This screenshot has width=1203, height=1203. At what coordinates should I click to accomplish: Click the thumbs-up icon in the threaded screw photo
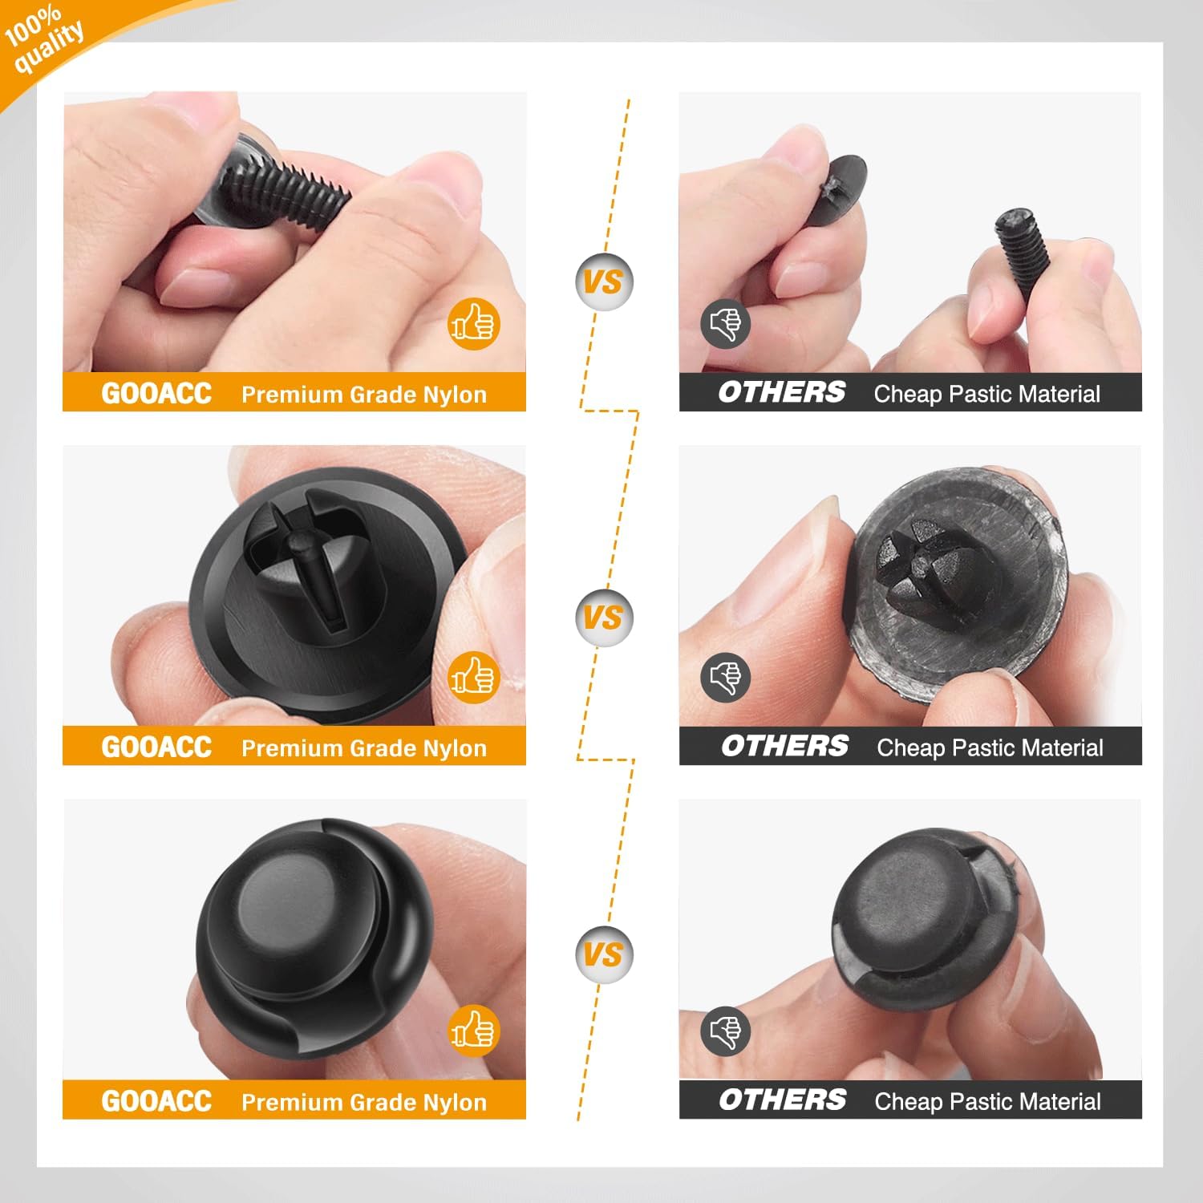pos(473,324)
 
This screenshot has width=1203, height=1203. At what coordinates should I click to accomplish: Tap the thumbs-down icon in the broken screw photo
pos(725,324)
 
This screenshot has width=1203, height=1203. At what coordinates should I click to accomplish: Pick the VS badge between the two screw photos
pos(603,282)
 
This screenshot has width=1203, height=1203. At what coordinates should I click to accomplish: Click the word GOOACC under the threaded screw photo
pos(156,393)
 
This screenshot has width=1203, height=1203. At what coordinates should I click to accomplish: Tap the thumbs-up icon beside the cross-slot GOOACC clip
pos(473,678)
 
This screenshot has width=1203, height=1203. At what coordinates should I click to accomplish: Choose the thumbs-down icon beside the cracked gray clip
pos(725,678)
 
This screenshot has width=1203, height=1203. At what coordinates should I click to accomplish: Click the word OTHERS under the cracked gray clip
pos(784,747)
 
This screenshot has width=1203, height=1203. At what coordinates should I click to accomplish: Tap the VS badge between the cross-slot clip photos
pos(603,618)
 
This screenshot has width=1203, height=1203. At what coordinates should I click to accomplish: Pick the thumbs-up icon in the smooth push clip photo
pos(473,1031)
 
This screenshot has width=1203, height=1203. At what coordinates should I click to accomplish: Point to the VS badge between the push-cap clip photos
pos(603,954)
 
